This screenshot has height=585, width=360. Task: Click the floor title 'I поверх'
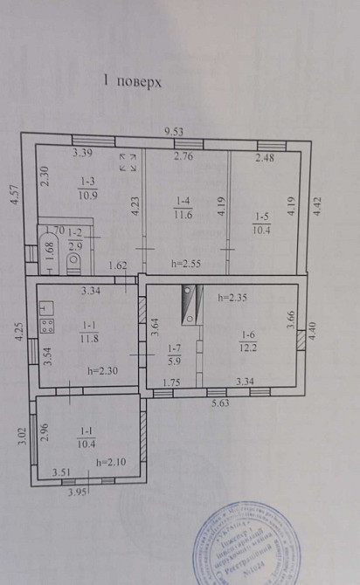click(133, 81)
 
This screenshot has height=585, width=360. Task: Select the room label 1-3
click(88, 182)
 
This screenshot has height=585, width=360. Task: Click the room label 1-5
click(262, 217)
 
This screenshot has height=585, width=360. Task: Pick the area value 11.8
click(88, 339)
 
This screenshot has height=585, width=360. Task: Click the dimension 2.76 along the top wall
click(183, 156)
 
